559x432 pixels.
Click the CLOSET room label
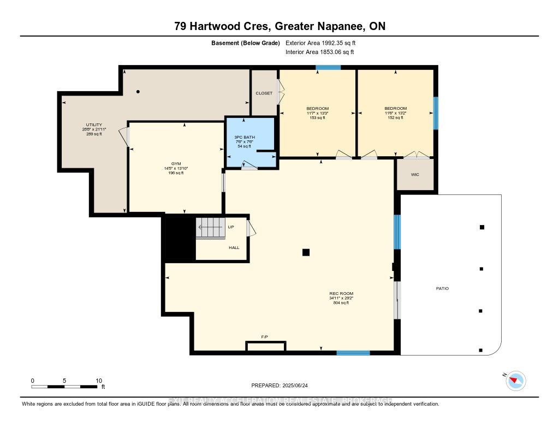[264, 93]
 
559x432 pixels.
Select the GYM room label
[175, 164]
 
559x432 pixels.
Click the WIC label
[415, 175]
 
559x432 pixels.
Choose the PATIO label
[442, 288]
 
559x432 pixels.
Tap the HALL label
[234, 247]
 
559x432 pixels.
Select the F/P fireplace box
[265, 346]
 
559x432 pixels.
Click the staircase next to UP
[210, 228]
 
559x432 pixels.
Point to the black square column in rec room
[306, 252]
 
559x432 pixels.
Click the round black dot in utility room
[138, 92]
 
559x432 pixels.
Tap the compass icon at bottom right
[515, 381]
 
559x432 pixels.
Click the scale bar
[66, 387]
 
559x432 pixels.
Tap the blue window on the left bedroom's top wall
[328, 68]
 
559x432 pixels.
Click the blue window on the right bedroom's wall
[435, 113]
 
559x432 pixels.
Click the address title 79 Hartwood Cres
[279, 26]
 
